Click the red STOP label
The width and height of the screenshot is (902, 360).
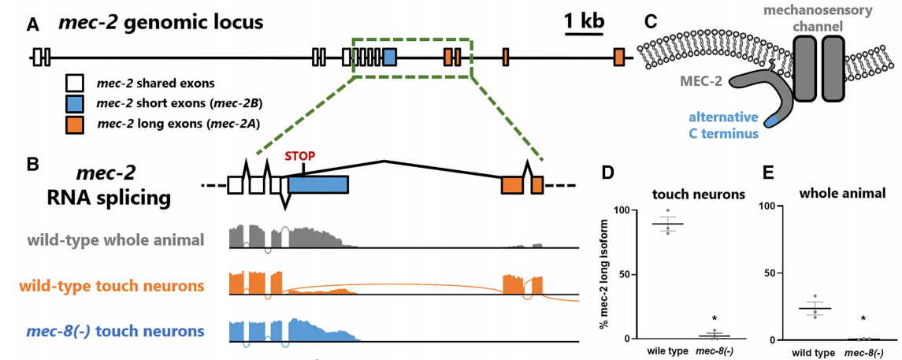[300, 155]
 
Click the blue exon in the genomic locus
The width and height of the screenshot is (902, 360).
[389, 57]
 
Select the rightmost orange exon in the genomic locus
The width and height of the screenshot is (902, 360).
[619, 57]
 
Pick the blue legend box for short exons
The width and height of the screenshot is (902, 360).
[76, 103]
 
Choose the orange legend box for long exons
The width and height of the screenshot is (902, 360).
[76, 124]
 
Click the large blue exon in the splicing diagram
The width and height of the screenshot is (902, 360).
[318, 184]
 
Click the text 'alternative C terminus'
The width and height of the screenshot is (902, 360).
[723, 126]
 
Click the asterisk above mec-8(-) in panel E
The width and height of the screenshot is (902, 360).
[864, 319]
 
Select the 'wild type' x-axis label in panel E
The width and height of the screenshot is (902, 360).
[813, 352]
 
